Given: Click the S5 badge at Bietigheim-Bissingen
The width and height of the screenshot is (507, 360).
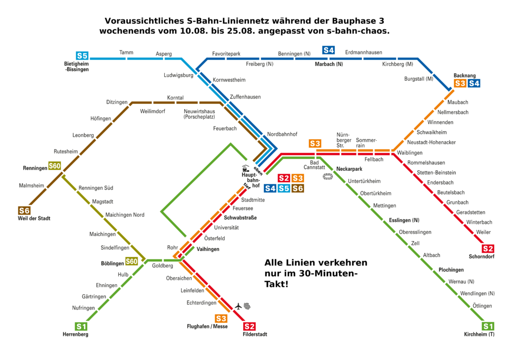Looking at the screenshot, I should click(82, 55).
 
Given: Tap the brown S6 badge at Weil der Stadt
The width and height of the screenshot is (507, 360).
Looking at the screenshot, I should click(24, 211).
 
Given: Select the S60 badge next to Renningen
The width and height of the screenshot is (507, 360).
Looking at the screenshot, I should click(54, 166).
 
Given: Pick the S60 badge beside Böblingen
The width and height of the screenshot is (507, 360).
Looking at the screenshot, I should click(132, 261).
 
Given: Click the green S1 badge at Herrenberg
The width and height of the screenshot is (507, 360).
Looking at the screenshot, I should click(81, 326).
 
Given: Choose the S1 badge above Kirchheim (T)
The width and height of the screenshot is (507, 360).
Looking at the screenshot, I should click(488, 326).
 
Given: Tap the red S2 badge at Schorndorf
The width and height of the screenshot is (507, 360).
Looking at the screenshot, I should click(488, 249).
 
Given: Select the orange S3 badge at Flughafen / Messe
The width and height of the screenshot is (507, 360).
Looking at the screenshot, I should click(221, 318).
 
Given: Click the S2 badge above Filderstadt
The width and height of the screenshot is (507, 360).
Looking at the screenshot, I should click(250, 326).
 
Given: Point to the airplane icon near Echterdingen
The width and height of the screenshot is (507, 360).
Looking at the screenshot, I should click(239, 306).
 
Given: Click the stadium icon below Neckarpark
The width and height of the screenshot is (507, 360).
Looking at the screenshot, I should click(328, 176).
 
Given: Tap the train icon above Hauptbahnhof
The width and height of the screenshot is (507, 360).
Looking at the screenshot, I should click(245, 168).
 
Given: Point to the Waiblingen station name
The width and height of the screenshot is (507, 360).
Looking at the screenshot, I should click(409, 153).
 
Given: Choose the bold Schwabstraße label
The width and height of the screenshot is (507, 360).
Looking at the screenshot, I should click(241, 218).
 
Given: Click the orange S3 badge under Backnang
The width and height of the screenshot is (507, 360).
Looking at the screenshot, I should click(460, 83).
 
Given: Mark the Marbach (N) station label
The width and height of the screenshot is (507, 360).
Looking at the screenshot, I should click(329, 64).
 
